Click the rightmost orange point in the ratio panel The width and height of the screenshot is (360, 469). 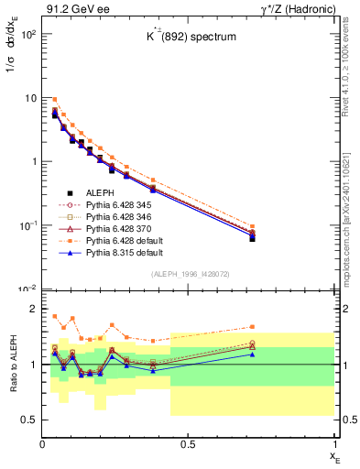304,326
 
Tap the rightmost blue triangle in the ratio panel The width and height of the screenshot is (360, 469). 304,354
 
